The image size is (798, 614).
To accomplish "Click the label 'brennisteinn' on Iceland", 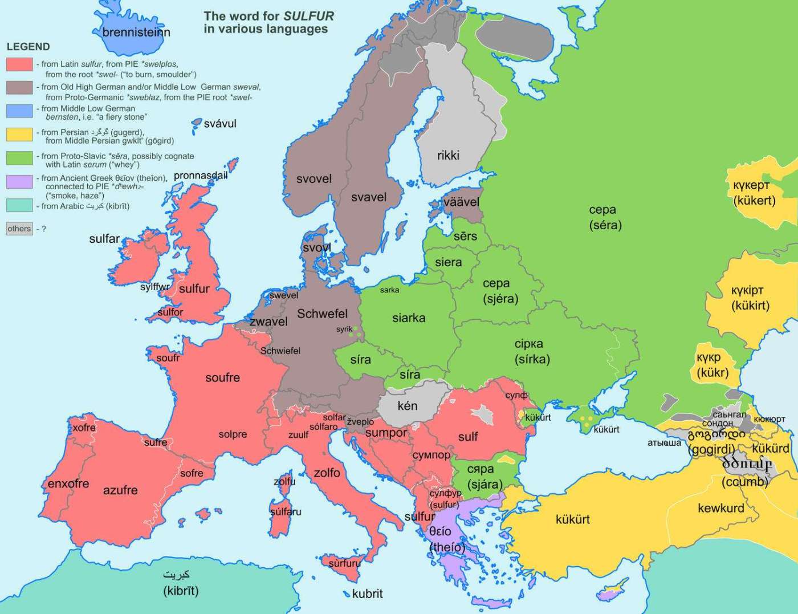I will pyautogui.click(x=136, y=32).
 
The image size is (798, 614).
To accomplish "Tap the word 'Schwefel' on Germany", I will pyautogui.click(x=322, y=314).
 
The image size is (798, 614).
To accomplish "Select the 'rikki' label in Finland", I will pyautogui.click(x=448, y=156).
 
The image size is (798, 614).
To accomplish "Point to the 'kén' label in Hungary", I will pyautogui.click(x=408, y=406).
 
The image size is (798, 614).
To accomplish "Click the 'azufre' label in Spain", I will pyautogui.click(x=120, y=490).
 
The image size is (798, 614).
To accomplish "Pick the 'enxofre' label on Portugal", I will pyautogui.click(x=68, y=484).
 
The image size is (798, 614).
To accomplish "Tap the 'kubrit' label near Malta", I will pyautogui.click(x=367, y=594).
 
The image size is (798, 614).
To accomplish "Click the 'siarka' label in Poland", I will pyautogui.click(x=409, y=318).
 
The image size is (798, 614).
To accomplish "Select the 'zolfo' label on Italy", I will pyautogui.click(x=327, y=473).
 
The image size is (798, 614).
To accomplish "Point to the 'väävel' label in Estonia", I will pyautogui.click(x=461, y=202).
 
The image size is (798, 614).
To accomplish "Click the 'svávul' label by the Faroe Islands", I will pyautogui.click(x=220, y=124).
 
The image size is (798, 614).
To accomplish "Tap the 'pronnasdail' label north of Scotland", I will pyautogui.click(x=201, y=176).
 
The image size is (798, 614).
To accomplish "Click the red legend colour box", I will pyautogui.click(x=19, y=64).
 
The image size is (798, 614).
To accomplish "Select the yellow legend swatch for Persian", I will pyautogui.click(x=19, y=135).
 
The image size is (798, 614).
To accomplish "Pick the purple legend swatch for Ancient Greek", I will pyautogui.click(x=19, y=182).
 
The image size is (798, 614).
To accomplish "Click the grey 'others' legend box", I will pyautogui.click(x=19, y=229).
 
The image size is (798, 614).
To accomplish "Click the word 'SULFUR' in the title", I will pyautogui.click(x=310, y=16).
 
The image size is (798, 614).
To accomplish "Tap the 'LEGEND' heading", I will pyautogui.click(x=28, y=47).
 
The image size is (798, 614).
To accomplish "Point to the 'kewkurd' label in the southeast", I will pyautogui.click(x=720, y=508).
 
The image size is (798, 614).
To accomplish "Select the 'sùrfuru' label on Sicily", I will pyautogui.click(x=344, y=563).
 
